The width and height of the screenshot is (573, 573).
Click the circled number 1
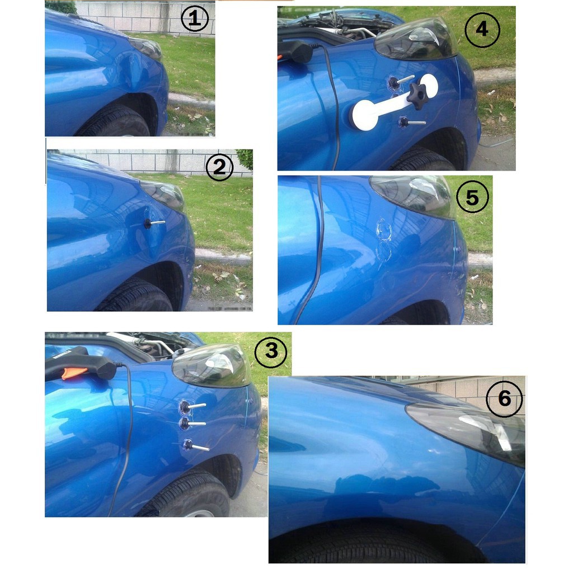pos(195,18)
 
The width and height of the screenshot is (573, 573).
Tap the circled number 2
pos(219,167)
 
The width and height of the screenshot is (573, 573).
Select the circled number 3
pos(271,351)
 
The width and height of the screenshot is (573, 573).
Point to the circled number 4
pos(482,29)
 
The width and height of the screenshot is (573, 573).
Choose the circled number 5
pos(472,198)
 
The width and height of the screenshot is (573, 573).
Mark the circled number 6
pos(504,398)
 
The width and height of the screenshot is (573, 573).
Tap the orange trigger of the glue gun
pos(74,373)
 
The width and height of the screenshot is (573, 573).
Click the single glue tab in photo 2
pos(154,223)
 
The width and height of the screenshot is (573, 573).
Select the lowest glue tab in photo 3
pos(196,445)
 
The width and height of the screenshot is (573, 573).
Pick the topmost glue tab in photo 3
pos(192,406)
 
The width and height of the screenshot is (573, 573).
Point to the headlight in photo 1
pos(146,48)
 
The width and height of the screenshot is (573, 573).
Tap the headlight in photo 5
pos(412,196)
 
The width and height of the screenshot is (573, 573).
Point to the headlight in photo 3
pos(212,366)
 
